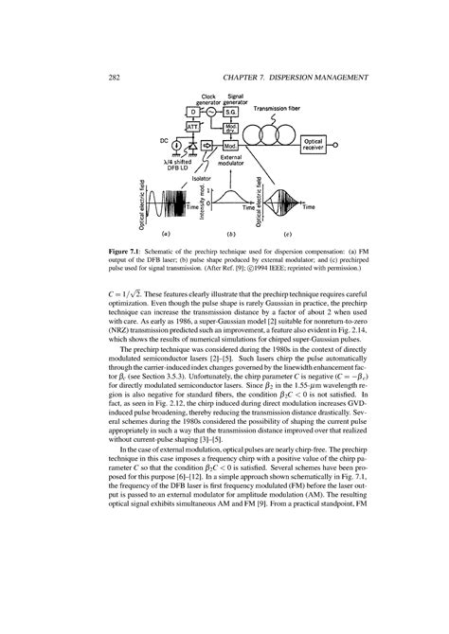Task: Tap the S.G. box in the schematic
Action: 230,112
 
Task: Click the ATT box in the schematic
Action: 191,126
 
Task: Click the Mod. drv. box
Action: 230,128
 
